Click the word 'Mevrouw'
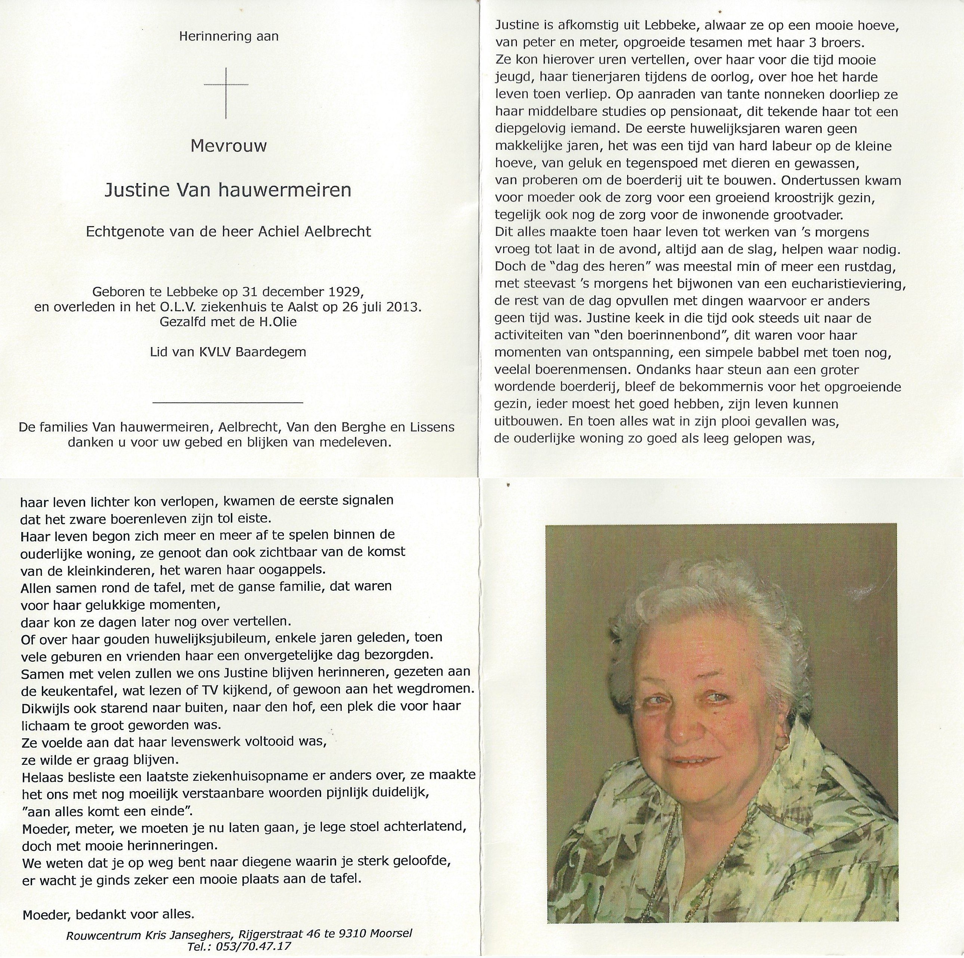229,146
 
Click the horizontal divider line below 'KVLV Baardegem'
227,401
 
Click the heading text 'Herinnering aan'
229,36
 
